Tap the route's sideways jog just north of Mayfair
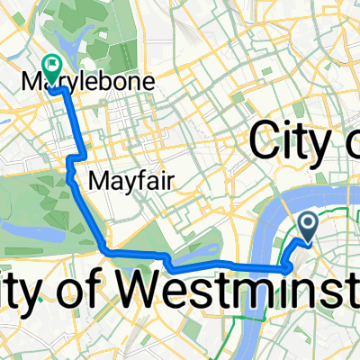point(74,159)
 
